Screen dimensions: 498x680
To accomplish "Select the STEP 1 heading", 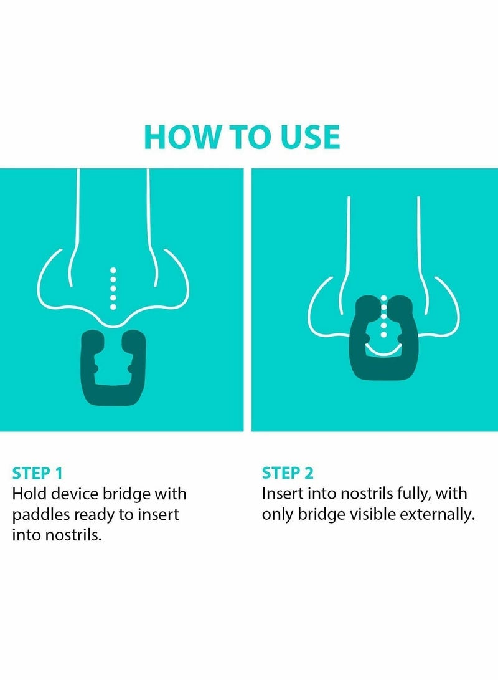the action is pyautogui.click(x=37, y=473).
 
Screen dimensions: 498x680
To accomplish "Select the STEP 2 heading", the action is pyautogui.click(x=288, y=473).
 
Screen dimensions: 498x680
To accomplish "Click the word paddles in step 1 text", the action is pyautogui.click(x=40, y=515).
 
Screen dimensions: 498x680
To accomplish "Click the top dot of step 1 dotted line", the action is pyautogui.click(x=113, y=270).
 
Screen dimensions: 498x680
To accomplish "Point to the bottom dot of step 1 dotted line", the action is pyautogui.click(x=113, y=307).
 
